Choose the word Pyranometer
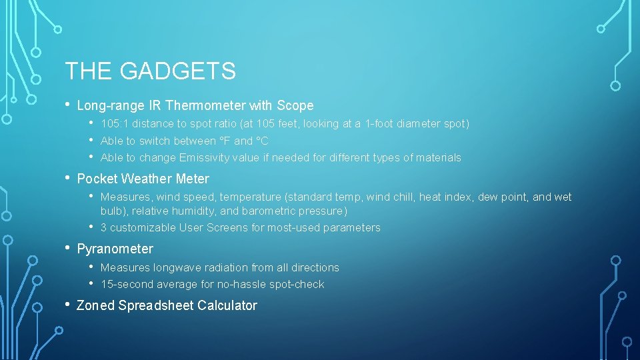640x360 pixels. [115, 249]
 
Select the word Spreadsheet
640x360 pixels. [149, 306]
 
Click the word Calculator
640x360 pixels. [222, 306]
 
